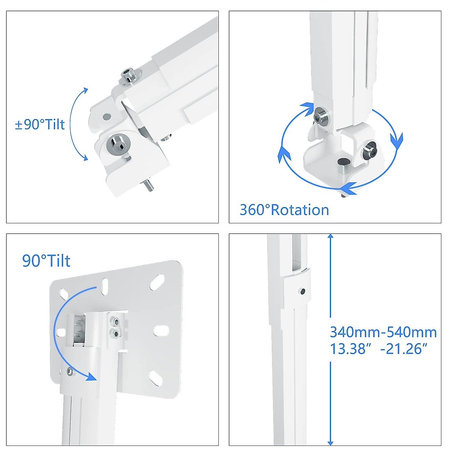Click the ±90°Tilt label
[x=40, y=124]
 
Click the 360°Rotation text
[x=284, y=210]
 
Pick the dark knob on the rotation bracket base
[x=343, y=163]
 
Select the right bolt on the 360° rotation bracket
[x=370, y=151]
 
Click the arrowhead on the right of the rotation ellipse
[x=397, y=141]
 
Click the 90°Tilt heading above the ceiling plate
[x=46, y=261]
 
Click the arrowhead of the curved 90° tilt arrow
[x=90, y=377]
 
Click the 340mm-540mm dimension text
[x=383, y=333]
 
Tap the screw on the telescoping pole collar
[x=302, y=292]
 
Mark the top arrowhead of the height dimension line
[x=330, y=237]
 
